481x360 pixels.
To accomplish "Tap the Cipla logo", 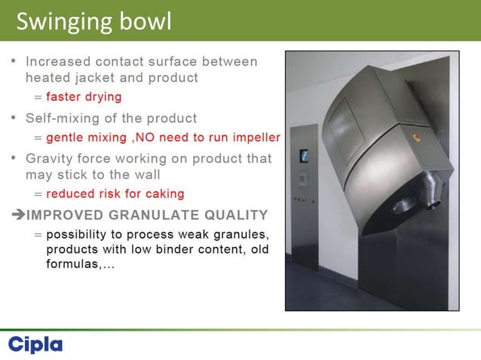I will [35, 345].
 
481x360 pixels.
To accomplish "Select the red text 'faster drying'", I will [83, 97].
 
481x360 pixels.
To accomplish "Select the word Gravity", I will [51, 159].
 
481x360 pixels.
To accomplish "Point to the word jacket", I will [92, 78].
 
